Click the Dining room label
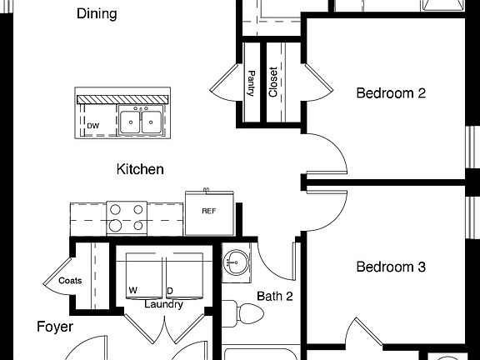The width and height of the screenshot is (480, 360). point(97,14)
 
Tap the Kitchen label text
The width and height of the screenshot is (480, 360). point(140,169)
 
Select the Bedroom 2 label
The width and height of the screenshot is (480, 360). point(391,93)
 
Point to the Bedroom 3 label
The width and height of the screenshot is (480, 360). point(391,267)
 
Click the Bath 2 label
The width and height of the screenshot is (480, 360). point(274,295)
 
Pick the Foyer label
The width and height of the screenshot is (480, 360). point(55,327)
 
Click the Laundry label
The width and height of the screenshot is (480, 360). point(163,304)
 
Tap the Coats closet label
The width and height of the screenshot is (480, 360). point(70,281)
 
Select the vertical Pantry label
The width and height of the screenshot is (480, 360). point(251,83)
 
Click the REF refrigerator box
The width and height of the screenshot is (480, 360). point(209,209)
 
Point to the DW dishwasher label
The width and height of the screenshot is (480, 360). point(92,127)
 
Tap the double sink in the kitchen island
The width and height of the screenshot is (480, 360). point(140,122)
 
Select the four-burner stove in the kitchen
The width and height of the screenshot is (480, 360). point(127,217)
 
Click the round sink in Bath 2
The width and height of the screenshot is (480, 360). point(234,262)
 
